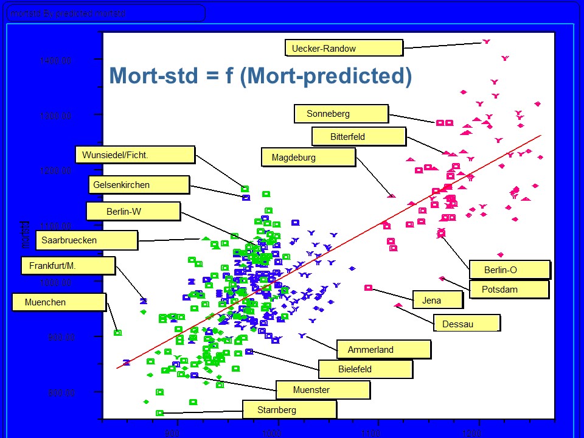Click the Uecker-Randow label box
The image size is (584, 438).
[344, 48]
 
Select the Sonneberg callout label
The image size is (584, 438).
[341, 114]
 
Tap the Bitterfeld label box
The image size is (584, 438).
[358, 137]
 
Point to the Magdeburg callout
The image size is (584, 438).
[308, 158]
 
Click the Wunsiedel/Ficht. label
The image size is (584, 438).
[136, 155]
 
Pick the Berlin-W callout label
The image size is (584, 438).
[133, 212]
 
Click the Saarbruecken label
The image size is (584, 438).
[86, 240]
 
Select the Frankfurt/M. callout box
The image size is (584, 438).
[68, 266]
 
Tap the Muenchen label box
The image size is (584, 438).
[59, 302]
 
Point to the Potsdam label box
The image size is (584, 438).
[509, 290]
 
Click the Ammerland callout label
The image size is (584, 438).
[383, 350]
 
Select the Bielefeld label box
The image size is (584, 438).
[366, 369]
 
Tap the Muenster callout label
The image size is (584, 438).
[323, 390]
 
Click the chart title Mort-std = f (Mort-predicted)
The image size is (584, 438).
[260, 76]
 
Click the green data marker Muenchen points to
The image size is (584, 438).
[117, 333]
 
